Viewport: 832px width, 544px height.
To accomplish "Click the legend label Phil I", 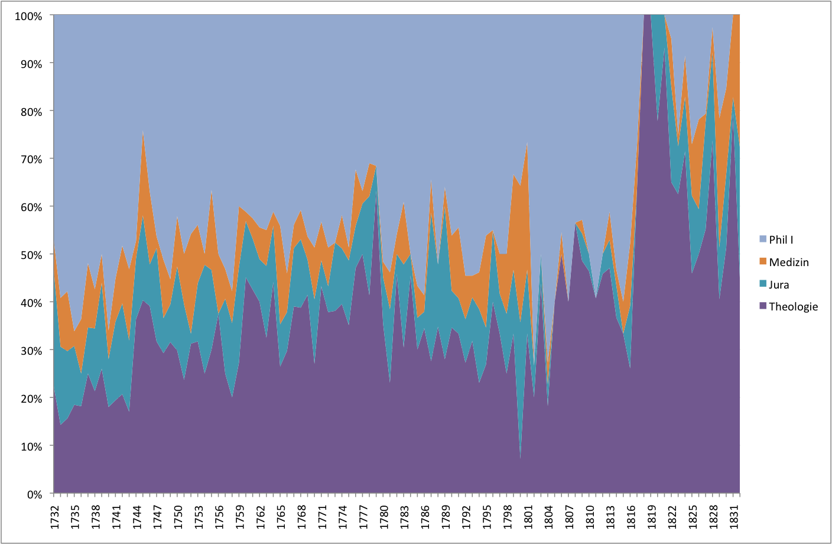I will coord(781,239).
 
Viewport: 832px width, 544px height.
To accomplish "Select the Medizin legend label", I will coord(788,262).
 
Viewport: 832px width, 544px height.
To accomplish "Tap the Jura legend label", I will coord(779,284).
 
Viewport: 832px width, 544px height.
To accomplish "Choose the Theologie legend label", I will coord(793,306).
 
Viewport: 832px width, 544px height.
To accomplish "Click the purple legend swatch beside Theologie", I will coord(763,306).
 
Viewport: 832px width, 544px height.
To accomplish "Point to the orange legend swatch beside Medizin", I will coord(763,262).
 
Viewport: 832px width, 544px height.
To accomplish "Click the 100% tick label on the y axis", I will coord(28,16).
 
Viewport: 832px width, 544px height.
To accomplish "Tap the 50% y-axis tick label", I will coord(31,255).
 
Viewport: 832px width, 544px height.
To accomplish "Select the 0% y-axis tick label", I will coord(33,494).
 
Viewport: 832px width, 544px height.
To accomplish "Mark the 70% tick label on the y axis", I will coord(31,159).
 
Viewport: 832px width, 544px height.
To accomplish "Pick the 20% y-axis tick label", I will coord(31,399).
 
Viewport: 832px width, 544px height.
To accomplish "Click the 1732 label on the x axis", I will coord(54,516).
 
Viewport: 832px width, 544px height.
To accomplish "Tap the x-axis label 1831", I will coord(733,516).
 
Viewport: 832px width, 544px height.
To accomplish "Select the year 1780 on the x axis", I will coord(383,516).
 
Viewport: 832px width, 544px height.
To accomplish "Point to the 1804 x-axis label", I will coord(548,516).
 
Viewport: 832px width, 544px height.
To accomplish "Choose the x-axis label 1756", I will coord(219,516).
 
